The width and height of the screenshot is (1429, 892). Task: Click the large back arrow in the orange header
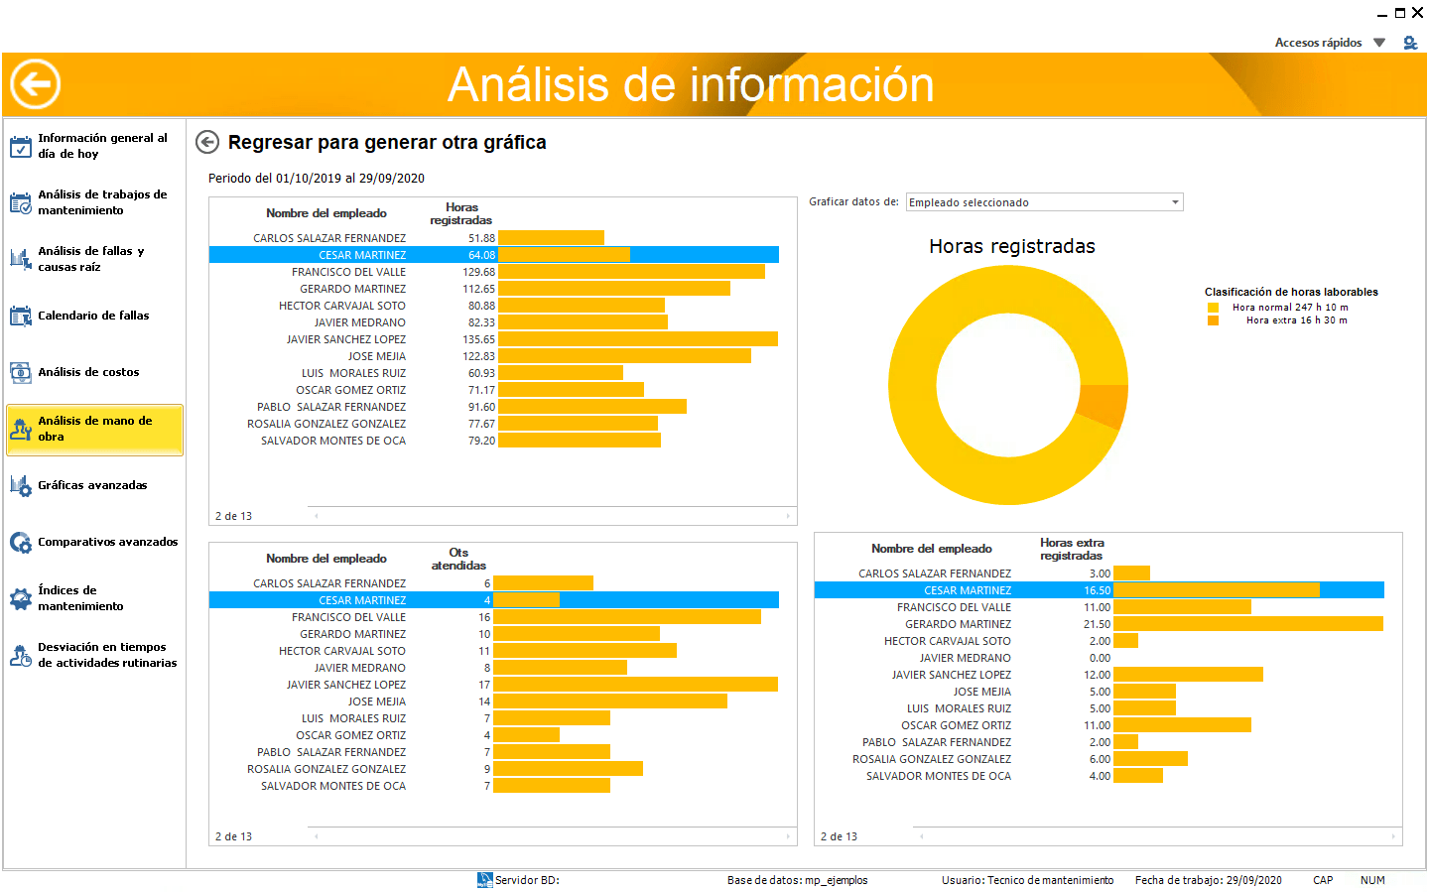(x=35, y=83)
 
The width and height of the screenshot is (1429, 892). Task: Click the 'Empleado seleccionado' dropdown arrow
(x=1175, y=202)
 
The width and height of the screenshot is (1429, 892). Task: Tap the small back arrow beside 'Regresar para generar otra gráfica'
(x=207, y=142)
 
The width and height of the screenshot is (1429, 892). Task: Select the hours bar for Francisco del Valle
(x=631, y=272)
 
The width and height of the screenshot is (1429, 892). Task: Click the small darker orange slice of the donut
(x=1104, y=405)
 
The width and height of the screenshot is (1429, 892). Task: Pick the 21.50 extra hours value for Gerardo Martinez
(x=1097, y=624)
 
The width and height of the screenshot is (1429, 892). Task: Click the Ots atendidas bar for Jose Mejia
(x=610, y=701)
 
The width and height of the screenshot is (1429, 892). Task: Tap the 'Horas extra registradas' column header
(x=1072, y=549)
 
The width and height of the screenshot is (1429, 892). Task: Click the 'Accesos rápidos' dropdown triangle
(x=1379, y=43)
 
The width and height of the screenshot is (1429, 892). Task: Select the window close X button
(x=1417, y=12)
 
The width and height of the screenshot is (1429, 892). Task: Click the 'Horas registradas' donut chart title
(x=1012, y=246)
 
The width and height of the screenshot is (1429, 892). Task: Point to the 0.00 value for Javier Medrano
(x=1100, y=658)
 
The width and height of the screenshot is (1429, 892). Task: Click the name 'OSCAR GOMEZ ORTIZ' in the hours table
(x=351, y=390)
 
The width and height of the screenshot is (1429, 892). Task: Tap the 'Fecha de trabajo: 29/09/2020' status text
(x=1209, y=880)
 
